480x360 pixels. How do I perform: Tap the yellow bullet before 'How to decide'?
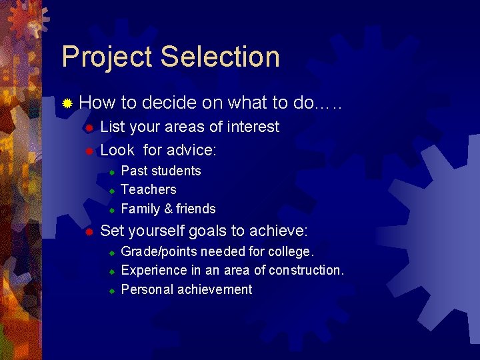click(x=67, y=103)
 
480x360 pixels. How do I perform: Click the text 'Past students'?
click(x=161, y=171)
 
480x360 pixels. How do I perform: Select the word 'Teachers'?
click(x=149, y=190)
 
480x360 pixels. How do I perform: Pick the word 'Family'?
click(x=140, y=209)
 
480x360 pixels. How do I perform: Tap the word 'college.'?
click(x=291, y=251)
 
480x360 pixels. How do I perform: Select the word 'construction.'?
click(x=305, y=270)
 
